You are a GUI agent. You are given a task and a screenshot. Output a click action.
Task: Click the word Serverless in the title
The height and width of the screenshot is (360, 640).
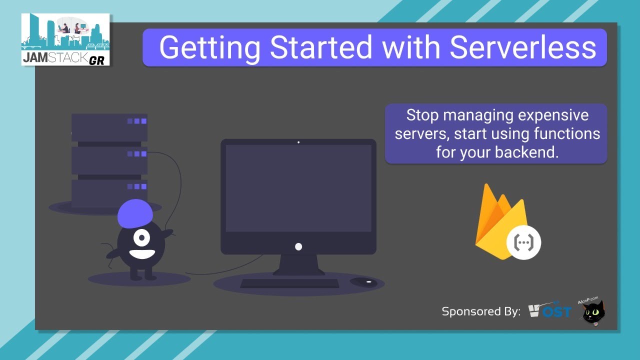pyautogui.click(x=522, y=47)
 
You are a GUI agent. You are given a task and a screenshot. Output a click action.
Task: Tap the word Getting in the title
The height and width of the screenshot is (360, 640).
pyautogui.click(x=209, y=47)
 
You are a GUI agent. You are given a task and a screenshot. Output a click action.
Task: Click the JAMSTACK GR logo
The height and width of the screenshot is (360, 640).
pyautogui.click(x=65, y=39)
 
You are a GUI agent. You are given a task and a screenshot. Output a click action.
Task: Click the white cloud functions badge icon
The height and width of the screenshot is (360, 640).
pyautogui.click(x=524, y=242)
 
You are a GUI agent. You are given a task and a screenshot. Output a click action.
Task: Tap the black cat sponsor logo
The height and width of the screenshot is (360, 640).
pyautogui.click(x=593, y=313)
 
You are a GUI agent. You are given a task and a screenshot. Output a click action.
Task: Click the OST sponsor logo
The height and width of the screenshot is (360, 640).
pyautogui.click(x=550, y=311)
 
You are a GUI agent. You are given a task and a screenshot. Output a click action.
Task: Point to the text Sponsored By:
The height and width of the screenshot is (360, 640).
pyautogui.click(x=481, y=311)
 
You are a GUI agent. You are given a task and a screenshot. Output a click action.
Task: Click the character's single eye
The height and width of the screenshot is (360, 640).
pyautogui.click(x=141, y=236)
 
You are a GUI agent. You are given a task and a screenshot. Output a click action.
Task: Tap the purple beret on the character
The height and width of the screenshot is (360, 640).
pyautogui.click(x=135, y=213)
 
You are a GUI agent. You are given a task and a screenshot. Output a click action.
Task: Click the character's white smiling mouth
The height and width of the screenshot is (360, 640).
pyautogui.click(x=142, y=252)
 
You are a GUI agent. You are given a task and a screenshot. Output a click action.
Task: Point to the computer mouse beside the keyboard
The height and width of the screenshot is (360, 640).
pyautogui.click(x=363, y=282)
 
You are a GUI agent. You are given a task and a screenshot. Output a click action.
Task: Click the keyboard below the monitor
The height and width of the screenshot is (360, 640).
pyautogui.click(x=289, y=283)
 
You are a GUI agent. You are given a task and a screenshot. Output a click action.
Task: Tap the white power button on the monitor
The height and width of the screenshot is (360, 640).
pyautogui.click(x=298, y=246)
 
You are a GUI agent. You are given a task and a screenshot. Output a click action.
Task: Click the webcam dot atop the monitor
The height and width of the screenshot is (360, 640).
pyautogui.click(x=298, y=142)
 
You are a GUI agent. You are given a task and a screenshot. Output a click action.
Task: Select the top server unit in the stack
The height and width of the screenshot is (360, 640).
pyautogui.click(x=109, y=127)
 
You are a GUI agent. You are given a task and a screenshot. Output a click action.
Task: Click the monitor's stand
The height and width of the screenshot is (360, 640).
pyautogui.click(x=298, y=265)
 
